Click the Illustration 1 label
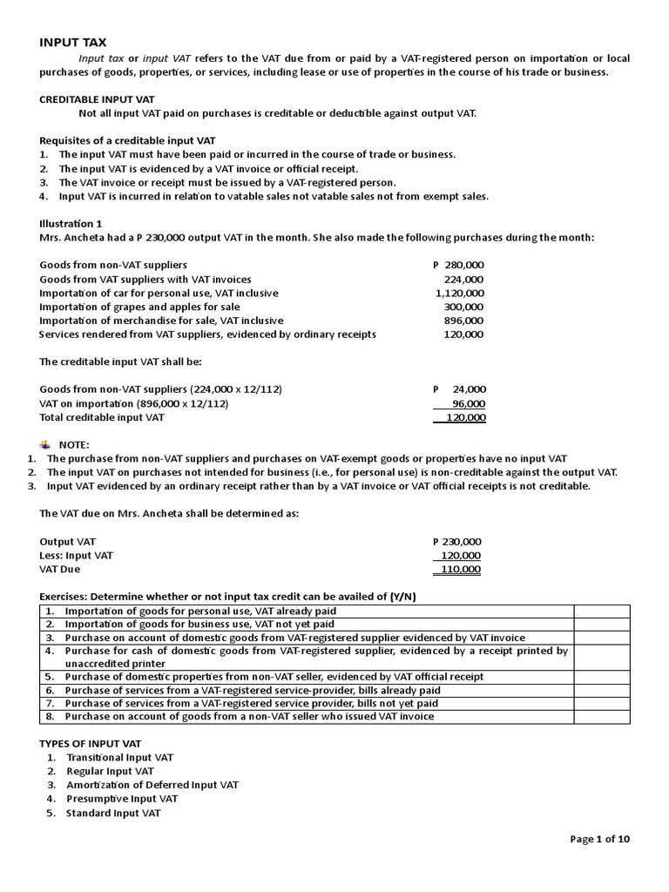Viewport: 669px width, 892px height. (71, 224)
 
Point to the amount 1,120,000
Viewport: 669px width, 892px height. (460, 293)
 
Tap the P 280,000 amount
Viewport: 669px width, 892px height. (458, 265)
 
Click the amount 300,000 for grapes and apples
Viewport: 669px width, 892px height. (466, 307)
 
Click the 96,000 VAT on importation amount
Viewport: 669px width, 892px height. (470, 403)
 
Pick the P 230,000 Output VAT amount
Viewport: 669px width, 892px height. (456, 541)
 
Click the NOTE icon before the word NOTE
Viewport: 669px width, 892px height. (45, 443)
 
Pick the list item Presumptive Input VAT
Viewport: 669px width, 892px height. (122, 799)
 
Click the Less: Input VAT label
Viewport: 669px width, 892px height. (77, 555)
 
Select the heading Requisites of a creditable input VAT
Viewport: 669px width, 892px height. (128, 140)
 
